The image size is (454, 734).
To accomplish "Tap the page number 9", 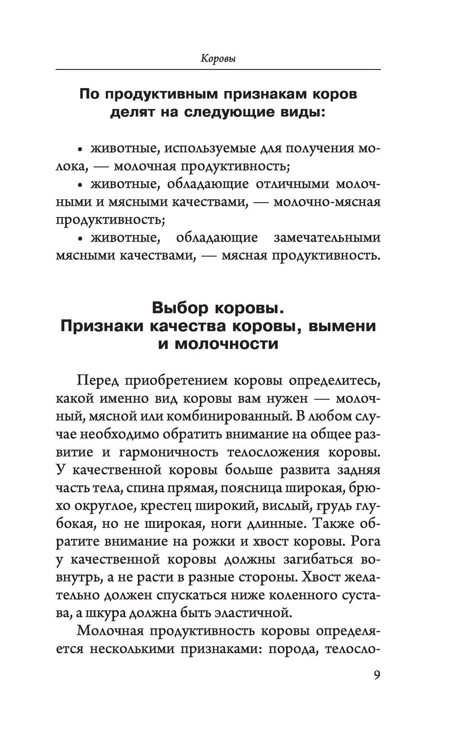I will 376,674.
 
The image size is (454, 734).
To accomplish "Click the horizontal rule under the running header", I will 218,69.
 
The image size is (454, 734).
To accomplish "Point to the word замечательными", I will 327,238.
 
